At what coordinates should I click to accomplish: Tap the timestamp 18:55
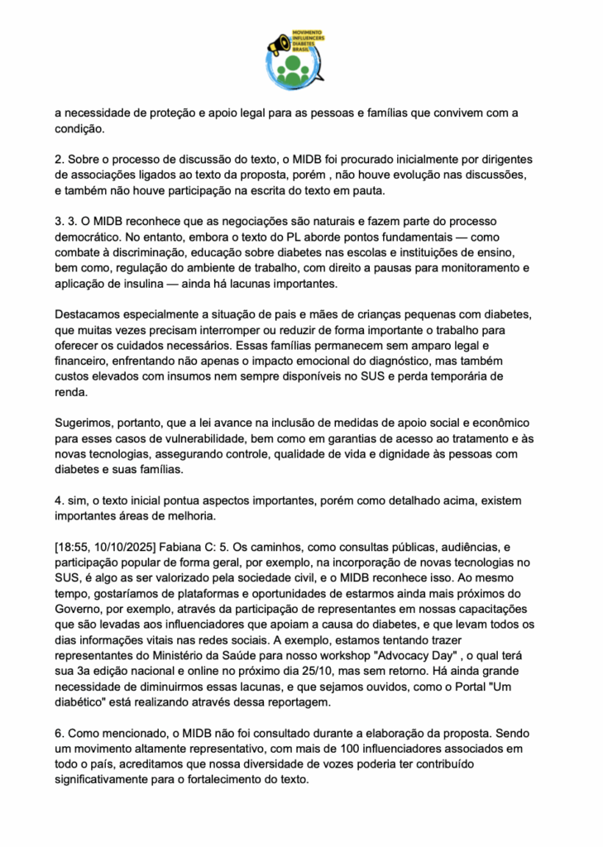coord(74,547)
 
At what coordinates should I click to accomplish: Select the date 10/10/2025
coord(125,547)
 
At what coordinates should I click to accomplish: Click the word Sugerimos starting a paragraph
coord(86,422)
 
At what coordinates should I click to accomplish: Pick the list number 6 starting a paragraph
coord(58,733)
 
